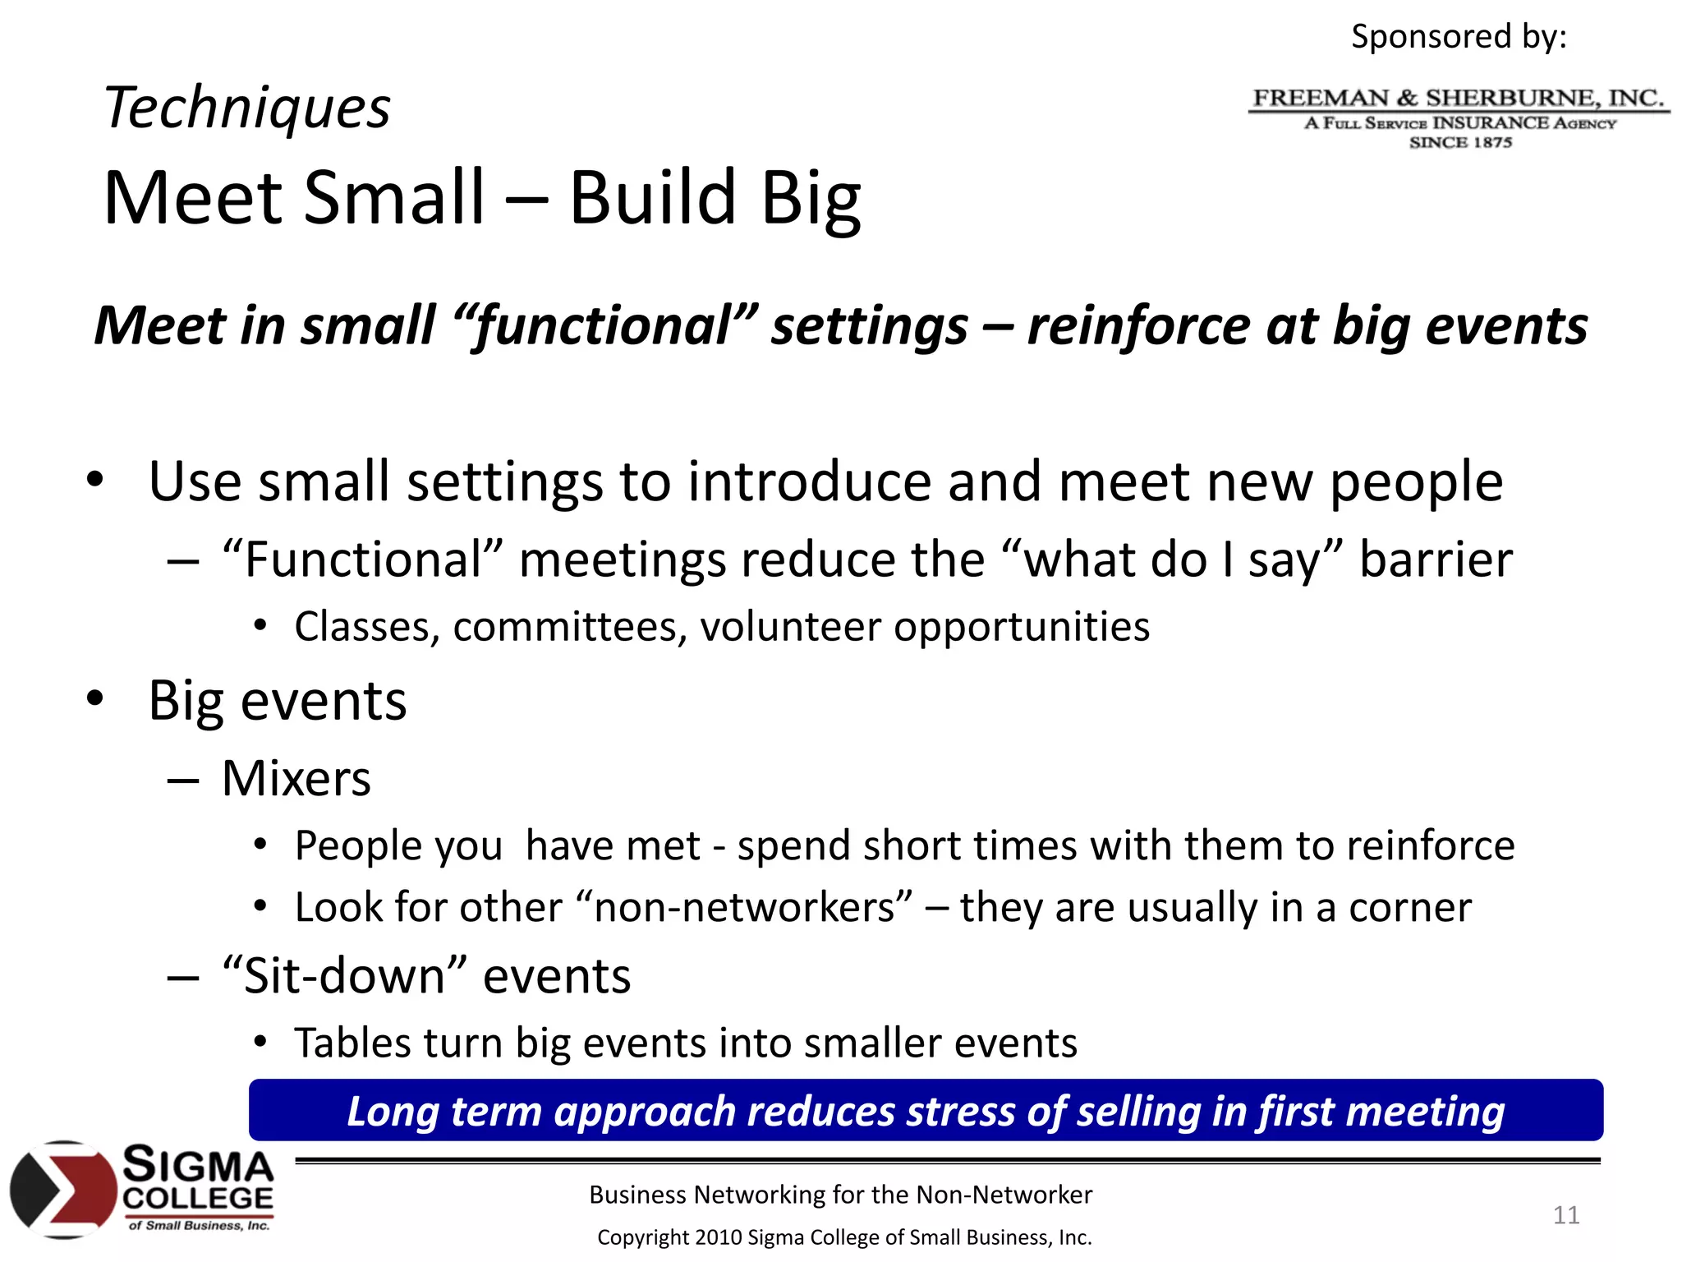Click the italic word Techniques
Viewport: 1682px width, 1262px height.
pos(247,108)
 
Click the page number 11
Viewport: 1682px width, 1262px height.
pos(1565,1214)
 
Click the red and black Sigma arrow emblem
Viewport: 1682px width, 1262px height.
pos(63,1189)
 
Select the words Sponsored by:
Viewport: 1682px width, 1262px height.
pos(1459,37)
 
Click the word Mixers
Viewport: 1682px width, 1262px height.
pos(296,778)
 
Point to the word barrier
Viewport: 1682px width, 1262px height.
pos(1436,560)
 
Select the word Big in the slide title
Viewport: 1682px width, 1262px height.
pos(811,198)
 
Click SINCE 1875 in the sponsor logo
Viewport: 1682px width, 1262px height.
pos(1460,143)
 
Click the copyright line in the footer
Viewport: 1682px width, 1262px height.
pos(843,1237)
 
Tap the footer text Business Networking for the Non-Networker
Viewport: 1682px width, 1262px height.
pos(840,1195)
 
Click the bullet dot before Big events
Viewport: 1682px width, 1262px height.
pos(95,698)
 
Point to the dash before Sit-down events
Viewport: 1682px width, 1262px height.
pos(182,978)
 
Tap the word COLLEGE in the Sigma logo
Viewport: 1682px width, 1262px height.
pos(198,1198)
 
